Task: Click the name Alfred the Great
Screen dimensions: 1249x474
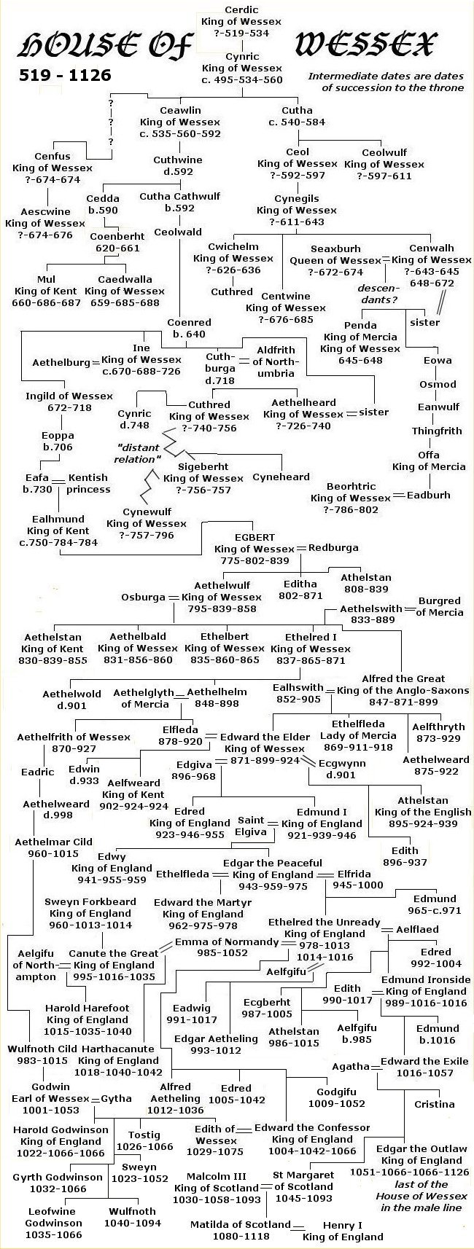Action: pyautogui.click(x=408, y=678)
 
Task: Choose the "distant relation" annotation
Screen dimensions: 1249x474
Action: pyautogui.click(x=138, y=453)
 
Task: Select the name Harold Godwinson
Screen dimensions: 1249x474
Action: pyautogui.click(x=61, y=1129)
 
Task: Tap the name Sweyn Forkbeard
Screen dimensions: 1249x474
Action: pyautogui.click(x=90, y=901)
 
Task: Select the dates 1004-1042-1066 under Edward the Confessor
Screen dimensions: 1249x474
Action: pyautogui.click(x=311, y=1151)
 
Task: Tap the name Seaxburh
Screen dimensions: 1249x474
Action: pyautogui.click(x=335, y=248)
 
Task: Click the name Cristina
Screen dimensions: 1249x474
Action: pyautogui.click(x=435, y=1103)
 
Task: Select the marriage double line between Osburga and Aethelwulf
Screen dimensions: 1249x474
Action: pyautogui.click(x=173, y=598)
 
